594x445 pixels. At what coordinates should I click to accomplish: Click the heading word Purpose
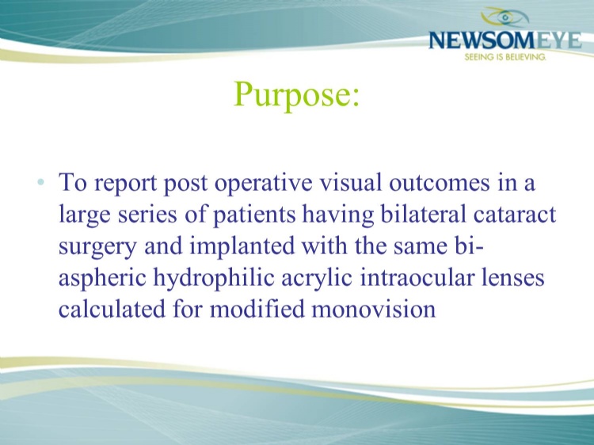[x=297, y=95]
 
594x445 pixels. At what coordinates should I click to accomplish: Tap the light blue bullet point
[x=41, y=182]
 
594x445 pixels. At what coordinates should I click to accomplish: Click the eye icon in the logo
[x=505, y=17]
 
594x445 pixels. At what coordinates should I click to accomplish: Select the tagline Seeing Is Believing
[x=505, y=57]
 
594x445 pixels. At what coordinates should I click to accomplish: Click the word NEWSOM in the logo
[x=482, y=40]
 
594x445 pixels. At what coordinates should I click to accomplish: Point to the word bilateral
[x=423, y=214]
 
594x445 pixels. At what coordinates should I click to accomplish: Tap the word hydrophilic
[x=214, y=278]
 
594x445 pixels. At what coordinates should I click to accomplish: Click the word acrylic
[x=317, y=278]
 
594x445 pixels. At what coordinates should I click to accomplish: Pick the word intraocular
[x=417, y=277]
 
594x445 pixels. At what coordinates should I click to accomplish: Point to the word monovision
[x=374, y=309]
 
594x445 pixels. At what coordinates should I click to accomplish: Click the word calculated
[x=112, y=308]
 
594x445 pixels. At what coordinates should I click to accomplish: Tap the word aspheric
[x=102, y=278]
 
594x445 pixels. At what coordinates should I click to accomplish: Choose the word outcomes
[x=440, y=183]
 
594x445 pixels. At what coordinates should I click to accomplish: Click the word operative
[x=263, y=183]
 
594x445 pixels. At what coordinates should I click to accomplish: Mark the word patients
[x=254, y=215]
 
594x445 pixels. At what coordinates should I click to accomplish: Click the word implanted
[x=242, y=246]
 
